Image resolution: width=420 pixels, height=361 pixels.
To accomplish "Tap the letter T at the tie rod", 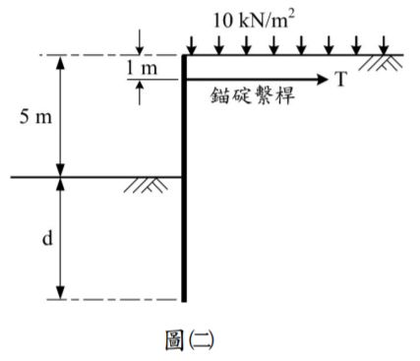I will (340, 80).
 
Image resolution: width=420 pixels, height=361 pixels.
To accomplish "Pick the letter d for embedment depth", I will (46, 238).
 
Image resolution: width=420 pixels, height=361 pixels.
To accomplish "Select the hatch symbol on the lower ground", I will (146, 185).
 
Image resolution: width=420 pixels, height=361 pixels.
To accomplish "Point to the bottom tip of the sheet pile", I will (184, 298).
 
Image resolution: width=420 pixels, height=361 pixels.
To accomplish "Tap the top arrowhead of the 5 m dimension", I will (61, 62).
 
